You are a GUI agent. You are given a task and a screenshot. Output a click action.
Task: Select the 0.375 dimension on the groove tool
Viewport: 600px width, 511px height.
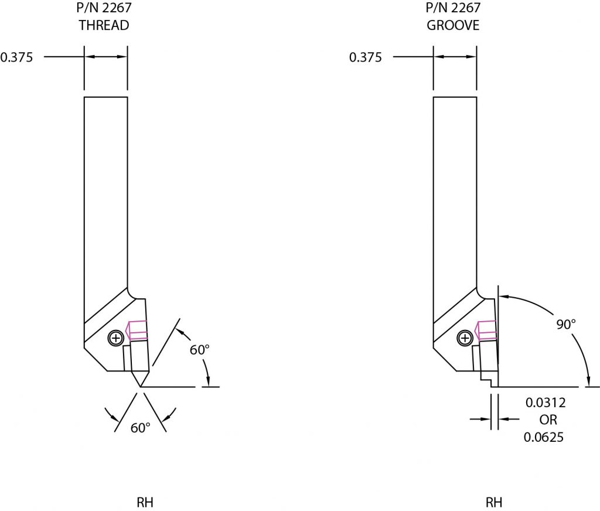(365, 57)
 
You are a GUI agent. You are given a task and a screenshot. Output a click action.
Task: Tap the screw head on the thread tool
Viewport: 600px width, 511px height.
(116, 338)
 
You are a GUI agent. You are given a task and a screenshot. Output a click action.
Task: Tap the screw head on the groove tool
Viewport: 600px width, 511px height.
(465, 338)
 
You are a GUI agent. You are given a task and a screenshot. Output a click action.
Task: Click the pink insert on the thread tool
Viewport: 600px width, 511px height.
(137, 330)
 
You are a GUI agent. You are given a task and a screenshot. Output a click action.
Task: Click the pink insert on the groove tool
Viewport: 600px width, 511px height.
(486, 330)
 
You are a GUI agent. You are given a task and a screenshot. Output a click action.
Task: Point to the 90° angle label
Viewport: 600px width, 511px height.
(567, 324)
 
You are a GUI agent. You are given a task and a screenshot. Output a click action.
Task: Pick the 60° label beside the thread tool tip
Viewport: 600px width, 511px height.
(200, 350)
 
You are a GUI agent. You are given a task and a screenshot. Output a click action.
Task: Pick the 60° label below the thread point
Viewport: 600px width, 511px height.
(141, 428)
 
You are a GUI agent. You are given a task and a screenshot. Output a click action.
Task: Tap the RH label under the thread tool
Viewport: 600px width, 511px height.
(145, 503)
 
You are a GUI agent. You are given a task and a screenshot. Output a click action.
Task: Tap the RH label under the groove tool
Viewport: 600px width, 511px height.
(494, 503)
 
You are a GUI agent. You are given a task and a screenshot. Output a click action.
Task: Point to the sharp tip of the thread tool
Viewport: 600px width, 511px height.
(141, 386)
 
